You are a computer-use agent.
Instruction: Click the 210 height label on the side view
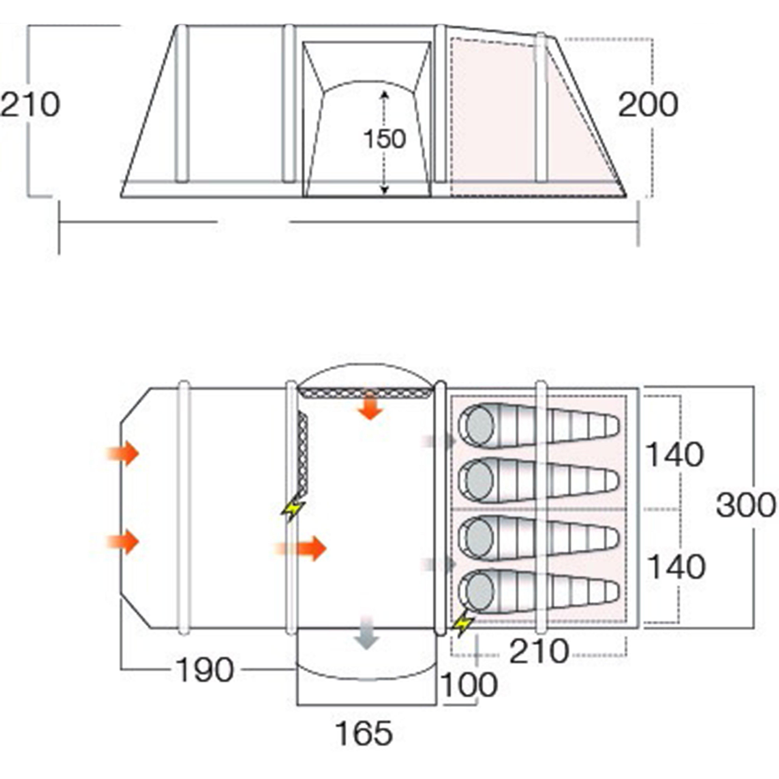coord(30,105)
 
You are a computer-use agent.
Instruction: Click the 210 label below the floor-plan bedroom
coord(539,651)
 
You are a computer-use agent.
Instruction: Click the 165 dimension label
coord(364,733)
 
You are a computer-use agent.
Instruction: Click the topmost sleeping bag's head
coord(480,425)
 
